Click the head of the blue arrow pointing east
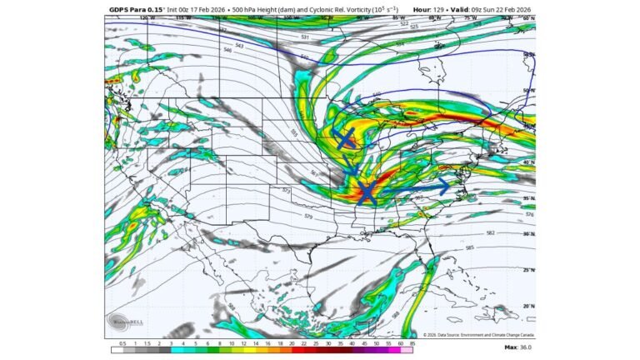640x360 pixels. (x=447, y=185)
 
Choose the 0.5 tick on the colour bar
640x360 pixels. (x=124, y=342)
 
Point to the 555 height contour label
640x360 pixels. (x=293, y=132)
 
